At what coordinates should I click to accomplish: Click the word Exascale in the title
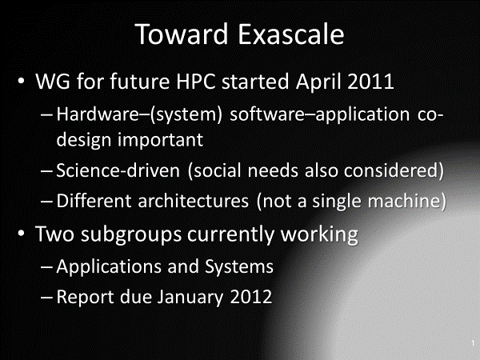tap(291, 34)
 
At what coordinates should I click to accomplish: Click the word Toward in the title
tap(182, 34)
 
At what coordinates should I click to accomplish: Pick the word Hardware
tap(98, 114)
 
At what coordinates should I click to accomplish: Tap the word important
tap(161, 140)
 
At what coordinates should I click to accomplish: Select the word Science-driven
tap(118, 170)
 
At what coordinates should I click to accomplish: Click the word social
tap(217, 170)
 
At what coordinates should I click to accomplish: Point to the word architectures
tap(193, 201)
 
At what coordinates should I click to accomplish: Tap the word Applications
tap(109, 267)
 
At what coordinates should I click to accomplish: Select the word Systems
tap(239, 267)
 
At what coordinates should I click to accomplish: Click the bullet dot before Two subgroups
tap(21, 234)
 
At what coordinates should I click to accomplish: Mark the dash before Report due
tap(47, 298)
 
